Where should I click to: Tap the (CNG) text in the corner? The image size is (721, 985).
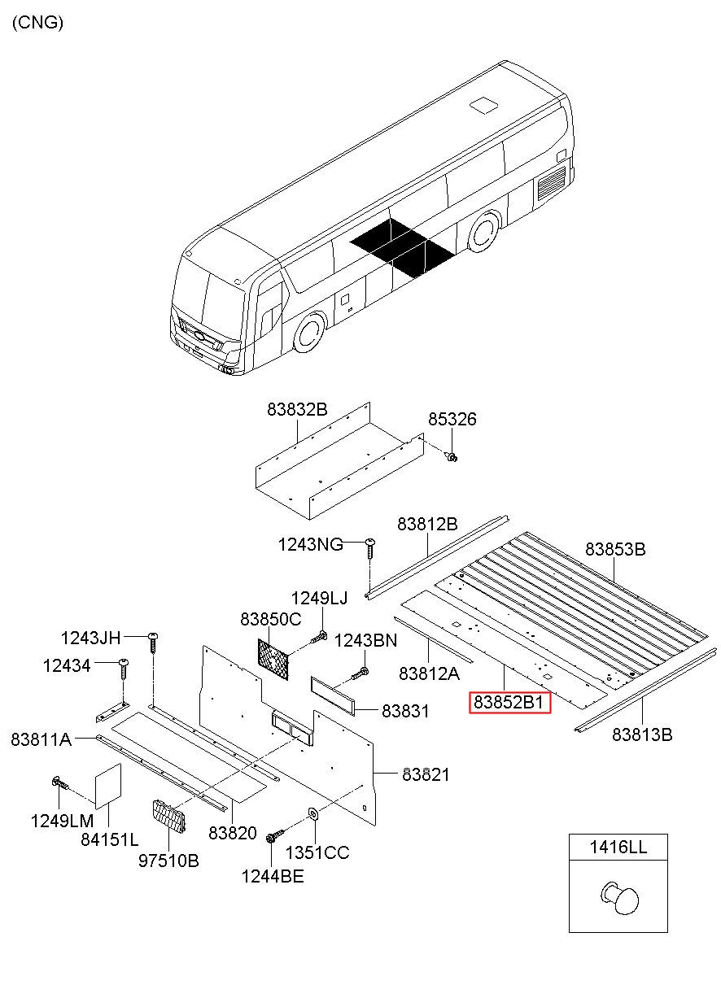point(37,23)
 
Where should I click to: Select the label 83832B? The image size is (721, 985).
point(296,410)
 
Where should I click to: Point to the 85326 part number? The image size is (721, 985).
point(452,420)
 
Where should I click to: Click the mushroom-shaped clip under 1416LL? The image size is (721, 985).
point(622,898)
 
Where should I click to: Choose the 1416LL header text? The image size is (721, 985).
point(618,848)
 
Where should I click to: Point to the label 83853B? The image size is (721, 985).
point(615,550)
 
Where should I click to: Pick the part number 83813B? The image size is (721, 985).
point(642,735)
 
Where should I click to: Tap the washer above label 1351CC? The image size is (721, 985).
point(313,813)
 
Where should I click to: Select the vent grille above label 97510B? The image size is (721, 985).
point(168,817)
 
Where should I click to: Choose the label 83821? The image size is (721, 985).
point(425,775)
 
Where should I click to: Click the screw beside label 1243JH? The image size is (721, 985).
point(152,643)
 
